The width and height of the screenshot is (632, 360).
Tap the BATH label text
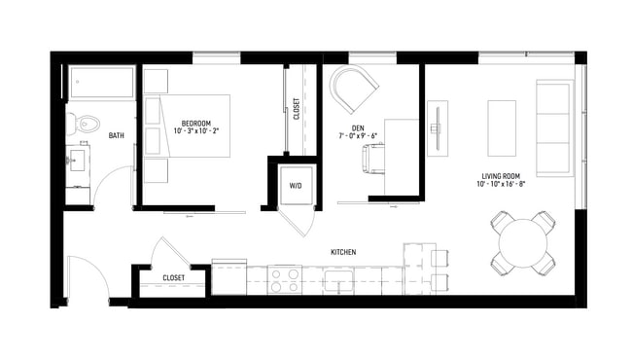pos(116,136)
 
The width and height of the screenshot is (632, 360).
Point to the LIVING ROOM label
pos(504,176)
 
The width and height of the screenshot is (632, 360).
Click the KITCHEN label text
pos(343,252)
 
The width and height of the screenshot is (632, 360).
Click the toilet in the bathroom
pos(85,124)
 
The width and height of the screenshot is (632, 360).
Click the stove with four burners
pos(284,280)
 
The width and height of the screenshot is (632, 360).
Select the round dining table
pos(523,243)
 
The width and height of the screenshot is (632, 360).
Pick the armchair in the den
pos(354,90)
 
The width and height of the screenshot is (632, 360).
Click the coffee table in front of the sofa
pos(501,127)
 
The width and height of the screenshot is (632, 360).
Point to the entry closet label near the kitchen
pos(173,278)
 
